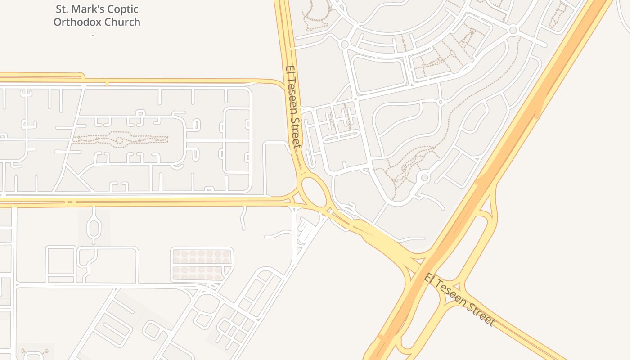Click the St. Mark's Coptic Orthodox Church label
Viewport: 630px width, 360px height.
coord(97,15)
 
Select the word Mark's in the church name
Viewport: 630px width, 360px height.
coord(89,9)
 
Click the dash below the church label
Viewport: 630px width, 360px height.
coord(93,35)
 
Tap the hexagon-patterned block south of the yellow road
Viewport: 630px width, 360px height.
coord(202,265)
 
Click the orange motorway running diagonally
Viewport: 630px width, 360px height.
coord(517,135)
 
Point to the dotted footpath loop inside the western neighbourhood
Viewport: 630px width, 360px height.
coord(121,139)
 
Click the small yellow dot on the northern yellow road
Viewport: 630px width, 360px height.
coord(107,84)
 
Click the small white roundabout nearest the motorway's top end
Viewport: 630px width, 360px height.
coord(513,30)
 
